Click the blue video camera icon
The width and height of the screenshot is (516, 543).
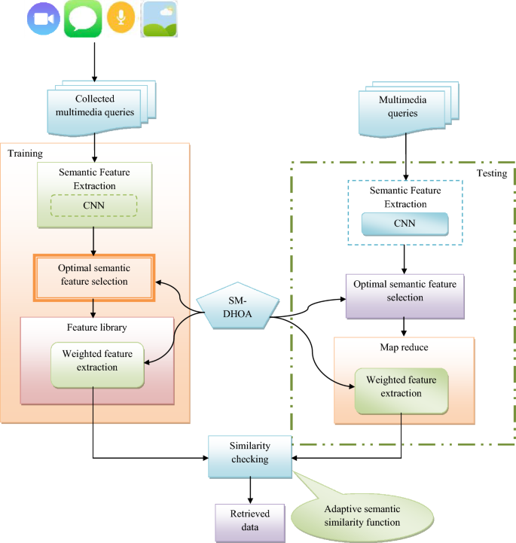click(44, 19)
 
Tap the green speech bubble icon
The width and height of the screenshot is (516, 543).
click(83, 19)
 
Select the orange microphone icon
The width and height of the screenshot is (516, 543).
click(121, 17)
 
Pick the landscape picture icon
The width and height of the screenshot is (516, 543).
click(159, 19)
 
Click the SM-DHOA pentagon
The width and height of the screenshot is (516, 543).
click(237, 306)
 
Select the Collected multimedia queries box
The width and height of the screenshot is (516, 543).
click(101, 108)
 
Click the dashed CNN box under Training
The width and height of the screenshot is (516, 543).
click(94, 206)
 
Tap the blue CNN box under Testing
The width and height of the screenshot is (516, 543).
click(405, 224)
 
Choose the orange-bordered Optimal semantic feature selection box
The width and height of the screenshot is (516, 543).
click(94, 278)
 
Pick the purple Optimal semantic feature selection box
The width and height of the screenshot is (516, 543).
click(405, 297)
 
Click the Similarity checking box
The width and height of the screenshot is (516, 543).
click(250, 457)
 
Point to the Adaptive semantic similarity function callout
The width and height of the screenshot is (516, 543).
click(362, 517)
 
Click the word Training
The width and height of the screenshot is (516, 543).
click(26, 154)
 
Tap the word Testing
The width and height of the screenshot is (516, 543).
click(492, 173)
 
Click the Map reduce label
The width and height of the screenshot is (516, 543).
click(405, 347)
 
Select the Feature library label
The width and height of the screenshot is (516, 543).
click(97, 328)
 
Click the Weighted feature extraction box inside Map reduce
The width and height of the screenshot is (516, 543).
click(402, 391)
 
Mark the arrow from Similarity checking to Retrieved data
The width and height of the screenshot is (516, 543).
click(250, 490)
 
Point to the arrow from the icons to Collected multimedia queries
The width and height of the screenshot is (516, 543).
click(94, 63)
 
